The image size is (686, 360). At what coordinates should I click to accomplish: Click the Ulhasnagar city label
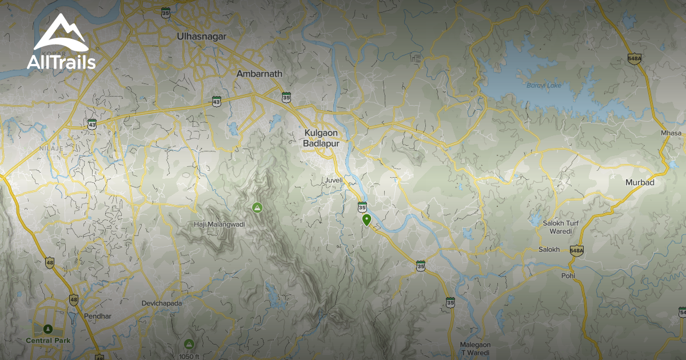pos(202,37)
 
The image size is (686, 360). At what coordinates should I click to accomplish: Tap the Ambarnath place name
pos(260,74)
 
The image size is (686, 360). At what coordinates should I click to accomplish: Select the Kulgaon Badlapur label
pos(322,138)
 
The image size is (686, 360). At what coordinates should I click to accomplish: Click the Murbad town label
pos(640,182)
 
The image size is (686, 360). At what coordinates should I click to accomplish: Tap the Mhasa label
pos(671,133)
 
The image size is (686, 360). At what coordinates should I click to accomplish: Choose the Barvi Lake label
pos(545,86)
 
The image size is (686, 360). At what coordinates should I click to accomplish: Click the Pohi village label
pos(568,275)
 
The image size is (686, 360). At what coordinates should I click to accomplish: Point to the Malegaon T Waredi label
pos(475,349)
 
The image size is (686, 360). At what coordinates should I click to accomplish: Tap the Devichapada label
pos(162,303)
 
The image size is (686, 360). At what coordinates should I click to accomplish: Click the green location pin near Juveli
pos(366,219)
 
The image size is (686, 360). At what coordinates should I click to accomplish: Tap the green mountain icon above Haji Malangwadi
pos(257,207)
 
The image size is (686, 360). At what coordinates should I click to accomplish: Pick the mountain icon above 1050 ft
pos(189,344)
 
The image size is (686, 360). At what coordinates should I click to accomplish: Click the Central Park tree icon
pos(47,329)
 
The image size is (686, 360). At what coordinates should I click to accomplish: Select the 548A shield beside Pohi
pos(576,250)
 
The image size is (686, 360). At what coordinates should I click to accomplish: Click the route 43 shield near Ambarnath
pos(216,101)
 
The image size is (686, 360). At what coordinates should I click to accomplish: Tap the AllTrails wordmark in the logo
pos(61,62)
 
